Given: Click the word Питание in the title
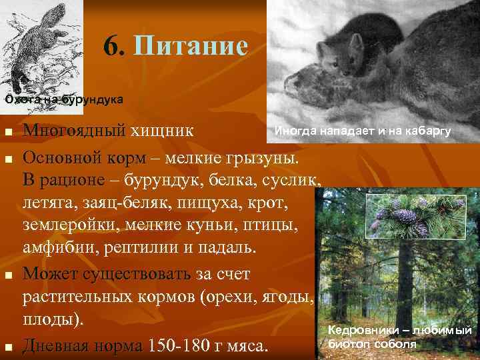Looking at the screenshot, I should point(191,46).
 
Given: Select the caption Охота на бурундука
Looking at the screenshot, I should point(64,100).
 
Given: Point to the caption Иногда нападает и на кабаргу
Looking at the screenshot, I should point(363,131).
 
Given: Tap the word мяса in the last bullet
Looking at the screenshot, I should point(249,345).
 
